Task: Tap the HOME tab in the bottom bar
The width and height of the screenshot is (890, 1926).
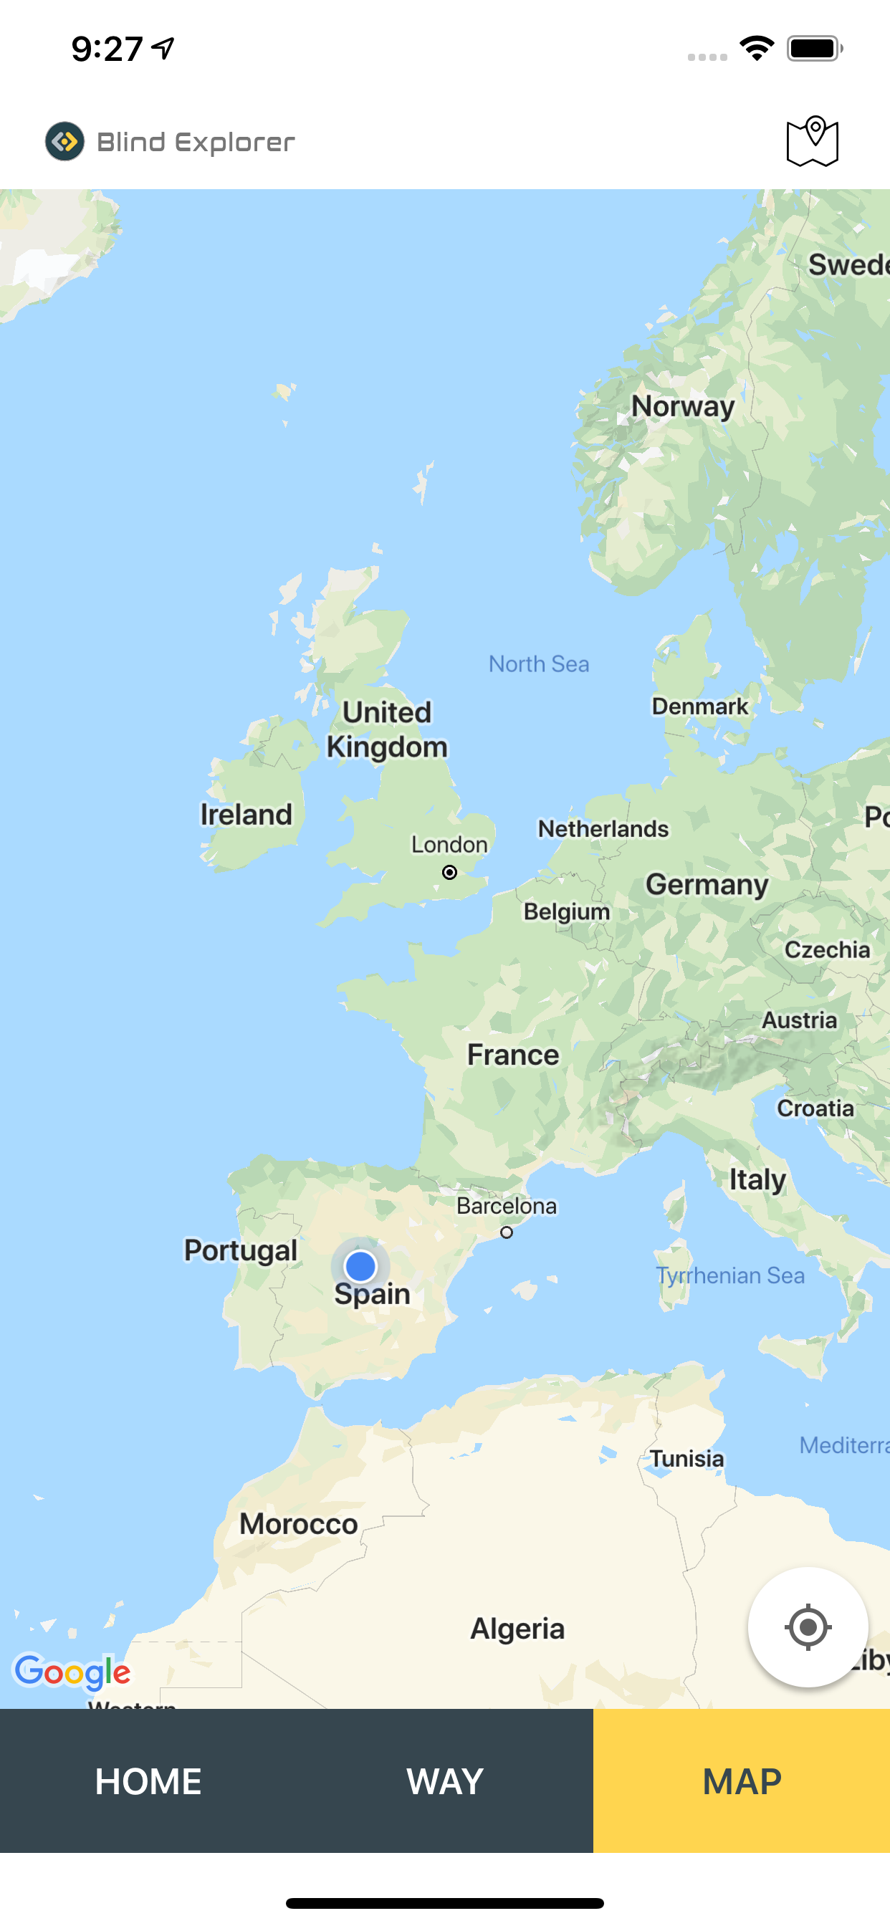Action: coord(148,1781)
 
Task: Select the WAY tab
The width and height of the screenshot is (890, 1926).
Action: coord(445,1781)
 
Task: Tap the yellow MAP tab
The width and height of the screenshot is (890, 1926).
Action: coord(741,1781)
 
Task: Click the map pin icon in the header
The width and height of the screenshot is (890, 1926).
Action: coord(812,141)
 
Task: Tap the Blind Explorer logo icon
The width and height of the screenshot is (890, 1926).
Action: coord(65,141)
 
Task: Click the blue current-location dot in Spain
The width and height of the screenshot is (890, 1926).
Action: coord(360,1267)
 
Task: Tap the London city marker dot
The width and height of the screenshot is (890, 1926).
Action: coord(449,873)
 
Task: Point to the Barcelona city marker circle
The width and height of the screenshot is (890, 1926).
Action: coord(507,1232)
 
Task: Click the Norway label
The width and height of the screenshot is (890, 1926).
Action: coord(683,406)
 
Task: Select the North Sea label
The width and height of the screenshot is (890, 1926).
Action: coord(538,664)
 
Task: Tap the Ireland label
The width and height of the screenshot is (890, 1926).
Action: coord(246,814)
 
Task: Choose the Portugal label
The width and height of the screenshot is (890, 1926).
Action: coord(240,1250)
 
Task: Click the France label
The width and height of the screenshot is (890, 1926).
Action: coord(513,1055)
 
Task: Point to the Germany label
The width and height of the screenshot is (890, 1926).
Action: coord(707,884)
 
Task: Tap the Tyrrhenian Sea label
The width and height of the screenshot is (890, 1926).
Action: coord(730,1275)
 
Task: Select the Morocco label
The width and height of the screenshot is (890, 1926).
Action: coord(298,1524)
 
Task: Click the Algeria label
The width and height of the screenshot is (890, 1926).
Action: coord(517,1629)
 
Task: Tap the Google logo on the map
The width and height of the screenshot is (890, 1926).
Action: coord(72,1672)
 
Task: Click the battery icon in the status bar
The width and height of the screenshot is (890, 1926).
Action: coord(814,49)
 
